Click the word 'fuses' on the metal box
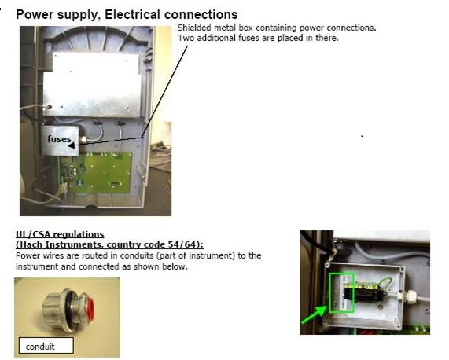tap(59, 139)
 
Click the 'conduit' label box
tap(46, 345)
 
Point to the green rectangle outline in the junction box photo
tap(329, 292)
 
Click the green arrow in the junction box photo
tap(315, 314)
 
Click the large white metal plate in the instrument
tap(92, 84)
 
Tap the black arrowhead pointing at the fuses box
tap(72, 145)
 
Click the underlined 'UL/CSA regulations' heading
tap(60, 234)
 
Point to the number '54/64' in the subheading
tap(185, 244)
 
